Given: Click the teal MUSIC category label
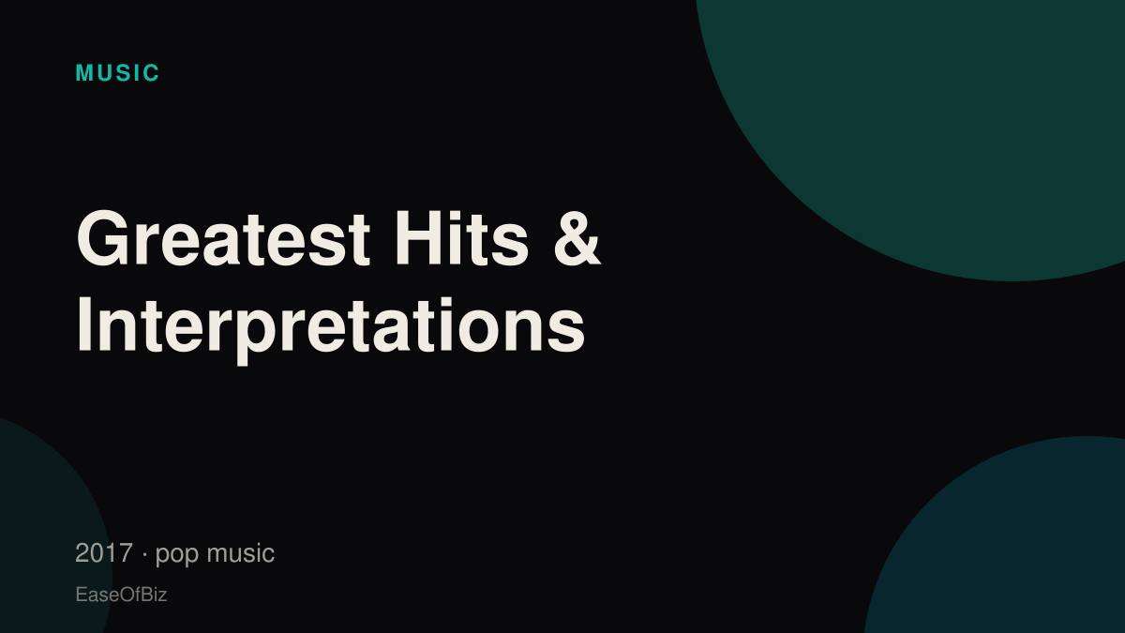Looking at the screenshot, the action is tap(117, 73).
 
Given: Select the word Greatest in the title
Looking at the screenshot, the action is tap(223, 238).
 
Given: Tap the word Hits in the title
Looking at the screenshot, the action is tap(462, 238).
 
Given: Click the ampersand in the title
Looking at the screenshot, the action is tap(577, 238).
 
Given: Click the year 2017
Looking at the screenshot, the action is tap(104, 553).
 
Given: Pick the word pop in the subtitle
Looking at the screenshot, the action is tap(177, 555).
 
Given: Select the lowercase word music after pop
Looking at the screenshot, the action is tap(241, 553).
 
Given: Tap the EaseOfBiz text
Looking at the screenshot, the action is tap(121, 595).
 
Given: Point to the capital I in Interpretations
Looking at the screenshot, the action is tap(83, 324).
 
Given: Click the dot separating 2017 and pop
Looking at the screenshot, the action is tap(144, 554).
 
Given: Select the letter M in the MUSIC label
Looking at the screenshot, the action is tap(83, 73).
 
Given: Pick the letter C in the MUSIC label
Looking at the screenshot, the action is tap(151, 73).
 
